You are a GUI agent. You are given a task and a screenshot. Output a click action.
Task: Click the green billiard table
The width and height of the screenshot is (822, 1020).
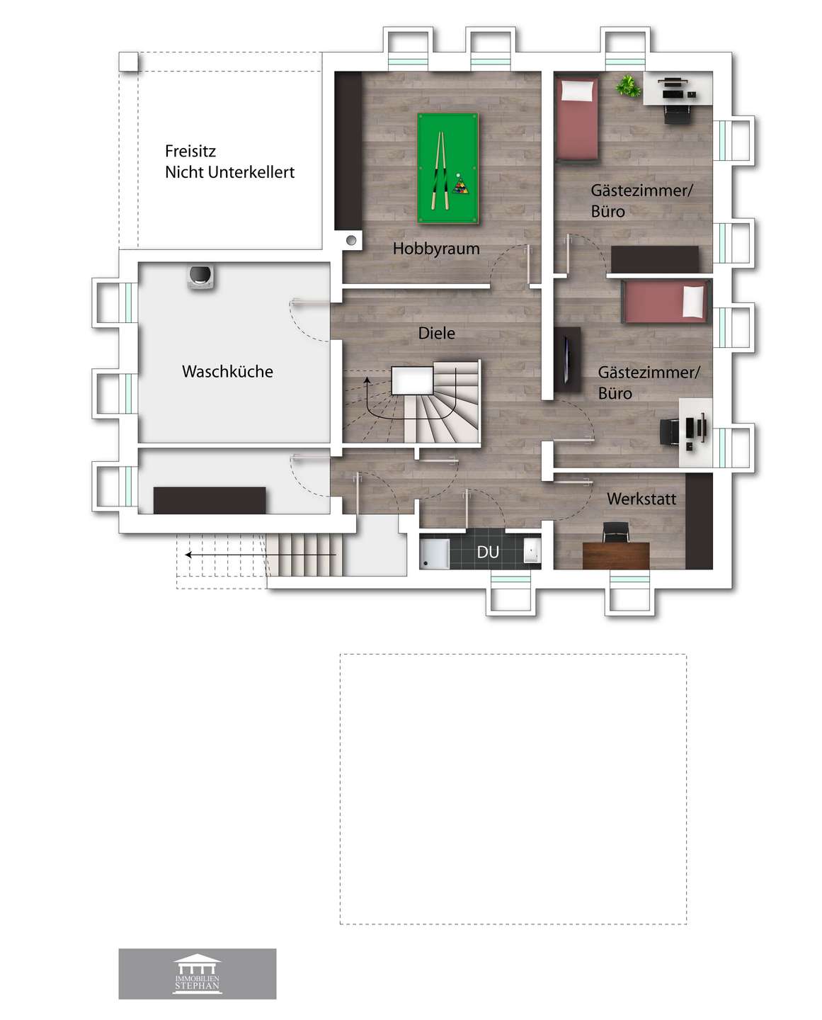(447, 169)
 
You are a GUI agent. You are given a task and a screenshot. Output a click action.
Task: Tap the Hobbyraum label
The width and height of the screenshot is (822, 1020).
(436, 249)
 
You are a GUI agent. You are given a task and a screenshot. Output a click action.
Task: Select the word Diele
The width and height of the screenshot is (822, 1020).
(436, 333)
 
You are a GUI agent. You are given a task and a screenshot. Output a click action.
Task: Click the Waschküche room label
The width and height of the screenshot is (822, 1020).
(227, 372)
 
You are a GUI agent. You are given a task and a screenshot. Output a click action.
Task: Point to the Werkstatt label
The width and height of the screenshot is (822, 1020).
(641, 499)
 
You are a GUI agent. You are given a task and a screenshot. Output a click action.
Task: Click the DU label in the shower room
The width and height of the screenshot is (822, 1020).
(488, 552)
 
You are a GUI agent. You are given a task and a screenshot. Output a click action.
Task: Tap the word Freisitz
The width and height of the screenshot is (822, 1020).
(190, 151)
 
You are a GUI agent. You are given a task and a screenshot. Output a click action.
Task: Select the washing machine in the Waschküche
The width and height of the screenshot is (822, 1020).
(201, 277)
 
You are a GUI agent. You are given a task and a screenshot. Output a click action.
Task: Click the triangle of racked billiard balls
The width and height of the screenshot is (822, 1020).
(459, 186)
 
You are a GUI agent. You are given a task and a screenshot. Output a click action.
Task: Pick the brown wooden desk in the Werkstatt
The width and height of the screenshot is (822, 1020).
(615, 555)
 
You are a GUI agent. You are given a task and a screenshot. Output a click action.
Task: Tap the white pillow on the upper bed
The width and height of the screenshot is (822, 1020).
(577, 90)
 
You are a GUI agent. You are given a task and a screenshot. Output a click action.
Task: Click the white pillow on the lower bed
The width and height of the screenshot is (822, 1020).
(693, 302)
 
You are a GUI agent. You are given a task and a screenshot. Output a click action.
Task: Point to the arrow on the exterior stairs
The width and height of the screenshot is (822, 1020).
(261, 555)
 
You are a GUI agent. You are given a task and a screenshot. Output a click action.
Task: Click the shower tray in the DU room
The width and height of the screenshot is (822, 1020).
(435, 552)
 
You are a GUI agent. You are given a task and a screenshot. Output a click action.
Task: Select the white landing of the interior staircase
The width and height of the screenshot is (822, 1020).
(412, 380)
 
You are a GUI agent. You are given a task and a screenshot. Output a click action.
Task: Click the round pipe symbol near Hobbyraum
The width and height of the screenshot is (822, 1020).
(351, 240)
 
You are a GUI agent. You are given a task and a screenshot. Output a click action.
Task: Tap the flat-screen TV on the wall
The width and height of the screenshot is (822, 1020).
(566, 359)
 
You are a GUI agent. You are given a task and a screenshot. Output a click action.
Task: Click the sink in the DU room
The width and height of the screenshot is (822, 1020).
(532, 551)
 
